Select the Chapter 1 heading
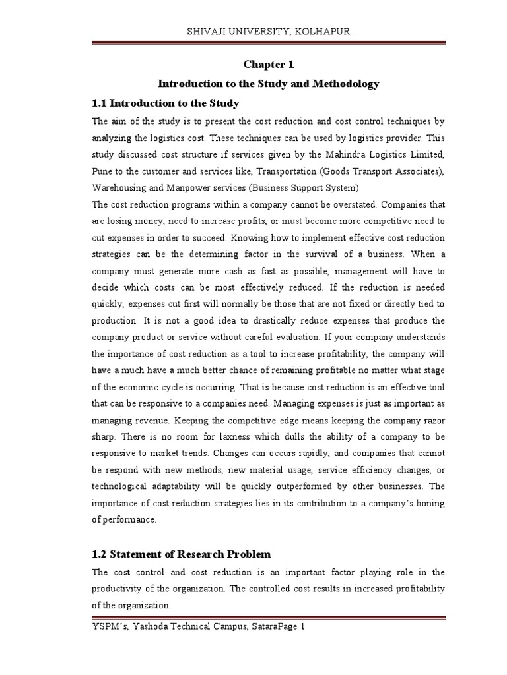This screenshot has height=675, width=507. click(268, 65)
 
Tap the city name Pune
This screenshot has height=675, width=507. click(103, 171)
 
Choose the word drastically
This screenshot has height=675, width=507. click(228, 320)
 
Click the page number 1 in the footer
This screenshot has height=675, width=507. click(302, 628)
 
